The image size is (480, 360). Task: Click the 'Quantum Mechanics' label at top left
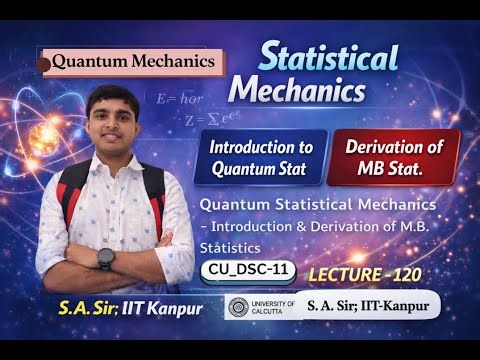133,61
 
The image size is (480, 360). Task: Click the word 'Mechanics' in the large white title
296,92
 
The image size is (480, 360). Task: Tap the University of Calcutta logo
239,305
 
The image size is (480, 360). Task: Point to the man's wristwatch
107,257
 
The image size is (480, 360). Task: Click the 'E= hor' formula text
179,101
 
